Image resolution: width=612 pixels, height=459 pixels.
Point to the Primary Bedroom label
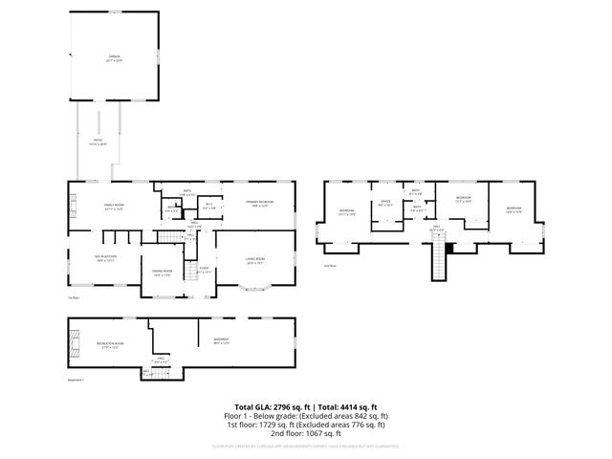259,204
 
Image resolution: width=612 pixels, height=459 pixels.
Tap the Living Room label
255,260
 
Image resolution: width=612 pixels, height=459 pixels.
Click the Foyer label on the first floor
204,272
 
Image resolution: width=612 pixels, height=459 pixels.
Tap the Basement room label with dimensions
221,342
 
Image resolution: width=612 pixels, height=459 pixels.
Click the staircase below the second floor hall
441,261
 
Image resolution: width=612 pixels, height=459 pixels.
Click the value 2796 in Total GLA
287,407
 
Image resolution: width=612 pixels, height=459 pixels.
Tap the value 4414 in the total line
360,407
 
